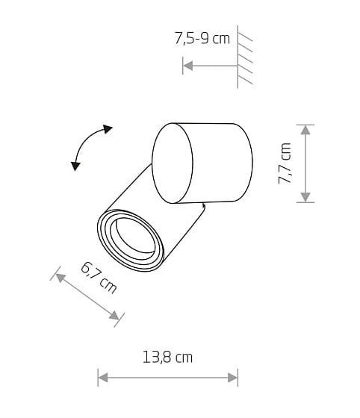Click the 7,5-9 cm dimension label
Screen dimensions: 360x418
[x=202, y=38]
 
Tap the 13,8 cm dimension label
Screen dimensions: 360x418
[x=167, y=358]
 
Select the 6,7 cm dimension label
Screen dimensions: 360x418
[x=99, y=278]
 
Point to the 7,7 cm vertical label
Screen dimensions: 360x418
[x=285, y=163]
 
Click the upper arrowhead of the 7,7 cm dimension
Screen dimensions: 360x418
[x=305, y=130]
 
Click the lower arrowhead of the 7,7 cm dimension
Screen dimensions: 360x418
[x=305, y=197]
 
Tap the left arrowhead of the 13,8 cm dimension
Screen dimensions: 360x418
[x=103, y=378]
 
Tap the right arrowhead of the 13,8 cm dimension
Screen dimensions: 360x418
[x=232, y=378]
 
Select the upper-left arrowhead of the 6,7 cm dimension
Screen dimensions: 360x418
[x=60, y=278]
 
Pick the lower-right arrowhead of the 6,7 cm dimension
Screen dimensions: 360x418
[x=114, y=316]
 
